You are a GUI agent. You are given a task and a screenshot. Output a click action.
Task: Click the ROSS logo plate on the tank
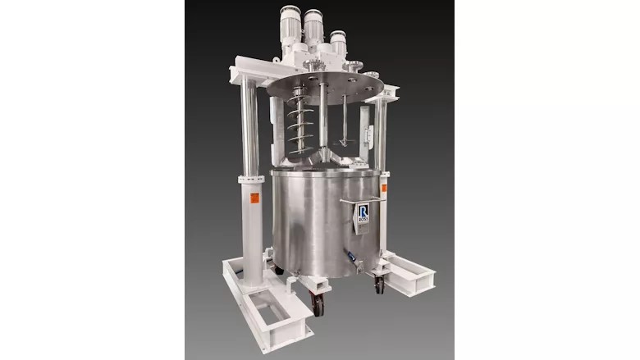[x=363, y=216]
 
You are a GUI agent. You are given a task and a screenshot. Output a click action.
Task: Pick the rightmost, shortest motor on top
[x=338, y=43]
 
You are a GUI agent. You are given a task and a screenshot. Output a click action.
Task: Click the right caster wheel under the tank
[x=379, y=282]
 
